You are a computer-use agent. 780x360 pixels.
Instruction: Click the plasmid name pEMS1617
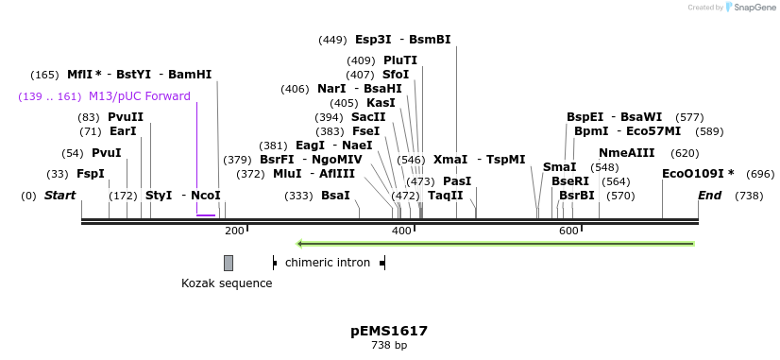pyautogui.click(x=389, y=331)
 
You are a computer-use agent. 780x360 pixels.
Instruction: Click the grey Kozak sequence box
pyautogui.click(x=229, y=263)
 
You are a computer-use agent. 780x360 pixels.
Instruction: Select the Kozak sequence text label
pyautogui.click(x=227, y=283)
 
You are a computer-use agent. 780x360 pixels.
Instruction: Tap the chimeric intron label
pyautogui.click(x=328, y=262)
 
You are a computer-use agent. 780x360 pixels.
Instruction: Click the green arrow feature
pyautogui.click(x=496, y=244)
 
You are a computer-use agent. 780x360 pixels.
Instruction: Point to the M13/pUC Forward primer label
pyautogui.click(x=140, y=96)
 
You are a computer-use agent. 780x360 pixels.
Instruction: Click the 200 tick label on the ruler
pyautogui.click(x=235, y=231)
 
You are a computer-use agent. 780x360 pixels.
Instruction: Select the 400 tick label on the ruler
pyautogui.click(x=402, y=231)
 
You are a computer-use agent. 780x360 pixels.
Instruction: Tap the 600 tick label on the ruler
pyautogui.click(x=568, y=231)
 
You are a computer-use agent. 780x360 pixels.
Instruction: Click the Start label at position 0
pyautogui.click(x=59, y=196)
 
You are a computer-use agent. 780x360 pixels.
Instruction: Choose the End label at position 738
pyautogui.click(x=709, y=196)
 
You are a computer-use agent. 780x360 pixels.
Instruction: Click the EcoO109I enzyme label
pyautogui.click(x=698, y=174)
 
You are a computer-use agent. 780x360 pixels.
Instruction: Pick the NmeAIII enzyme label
pyautogui.click(x=626, y=153)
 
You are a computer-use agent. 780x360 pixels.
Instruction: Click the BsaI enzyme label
pyautogui.click(x=335, y=196)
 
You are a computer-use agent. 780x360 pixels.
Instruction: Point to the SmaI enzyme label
pyautogui.click(x=559, y=167)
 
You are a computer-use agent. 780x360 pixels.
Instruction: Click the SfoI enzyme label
pyautogui.click(x=396, y=75)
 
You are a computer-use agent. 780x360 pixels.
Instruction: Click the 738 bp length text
pyautogui.click(x=389, y=346)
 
